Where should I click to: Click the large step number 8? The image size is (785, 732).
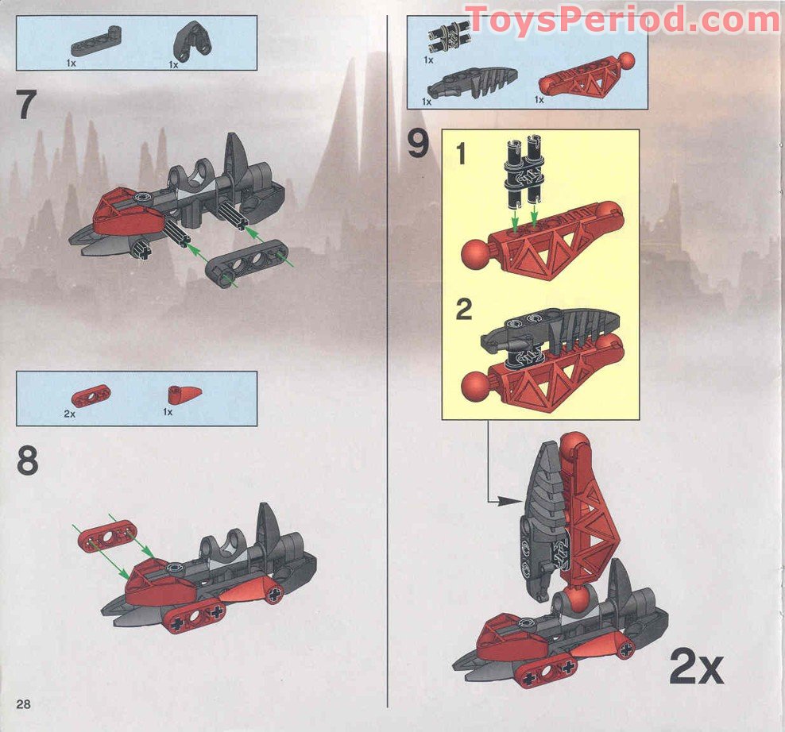27,460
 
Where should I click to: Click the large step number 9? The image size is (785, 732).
418,144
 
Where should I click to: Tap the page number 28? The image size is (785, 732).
23,704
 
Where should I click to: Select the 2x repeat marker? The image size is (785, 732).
696,667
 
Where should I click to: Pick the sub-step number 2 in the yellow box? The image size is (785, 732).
463,310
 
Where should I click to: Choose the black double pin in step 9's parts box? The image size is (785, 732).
447,36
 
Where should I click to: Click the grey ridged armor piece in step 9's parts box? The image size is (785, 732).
473,80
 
